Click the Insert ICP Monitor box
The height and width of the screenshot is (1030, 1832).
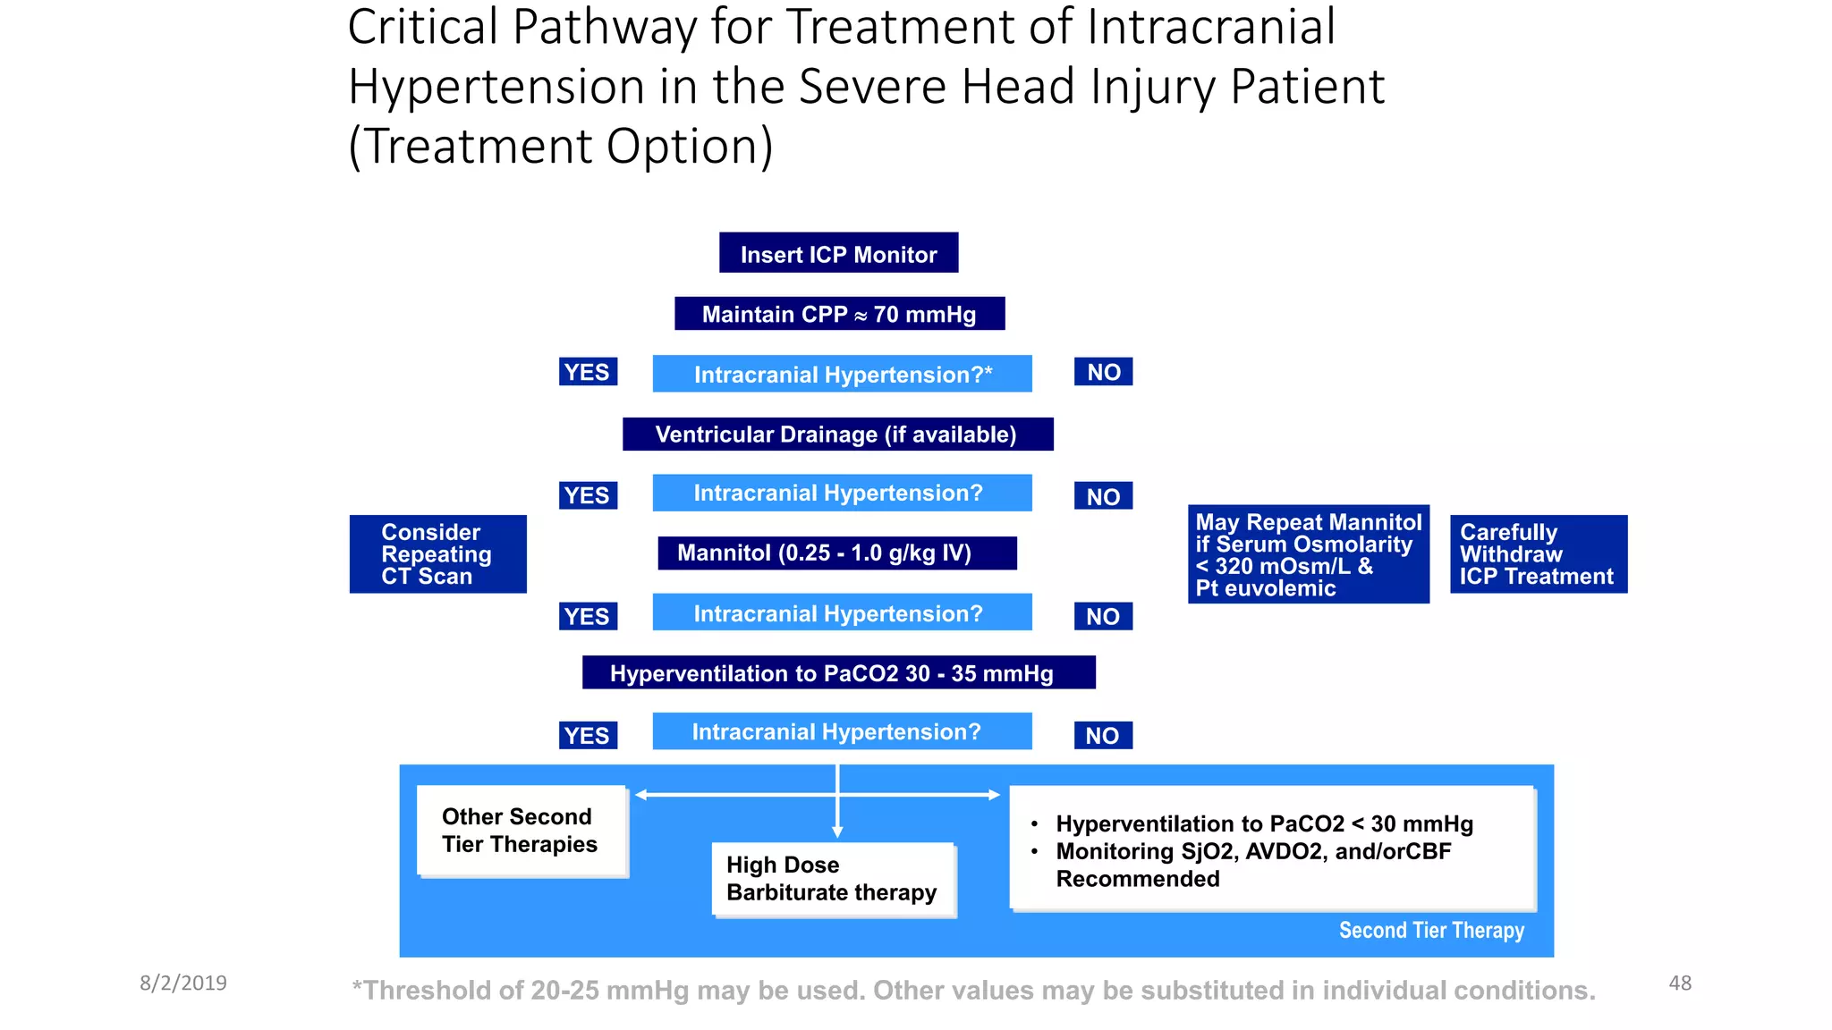point(838,253)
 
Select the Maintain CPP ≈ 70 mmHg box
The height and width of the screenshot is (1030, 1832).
point(839,314)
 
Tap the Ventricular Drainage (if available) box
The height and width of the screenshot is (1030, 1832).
point(837,434)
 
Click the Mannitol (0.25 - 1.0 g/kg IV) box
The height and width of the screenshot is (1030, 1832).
point(836,553)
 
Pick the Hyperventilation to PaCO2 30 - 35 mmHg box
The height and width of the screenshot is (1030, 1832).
point(838,672)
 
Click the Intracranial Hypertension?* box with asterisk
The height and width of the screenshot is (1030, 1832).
point(842,374)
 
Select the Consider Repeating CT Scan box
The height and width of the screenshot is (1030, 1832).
point(437,554)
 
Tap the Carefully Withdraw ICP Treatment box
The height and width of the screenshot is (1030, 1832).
point(1538,554)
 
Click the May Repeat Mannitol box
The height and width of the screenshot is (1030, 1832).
point(1308,554)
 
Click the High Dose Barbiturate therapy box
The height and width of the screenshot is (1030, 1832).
point(833,879)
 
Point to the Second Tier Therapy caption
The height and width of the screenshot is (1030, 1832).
point(1430,931)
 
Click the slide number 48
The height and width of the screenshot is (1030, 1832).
point(1679,983)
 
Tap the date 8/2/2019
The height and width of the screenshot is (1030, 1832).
point(183,983)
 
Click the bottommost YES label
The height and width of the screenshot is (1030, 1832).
point(588,735)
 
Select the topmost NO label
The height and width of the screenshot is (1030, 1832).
point(1103,372)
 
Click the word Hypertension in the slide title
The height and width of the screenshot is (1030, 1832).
point(496,87)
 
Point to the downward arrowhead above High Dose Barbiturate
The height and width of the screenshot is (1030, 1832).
point(837,832)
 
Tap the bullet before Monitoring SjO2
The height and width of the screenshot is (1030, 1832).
point(1034,851)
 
